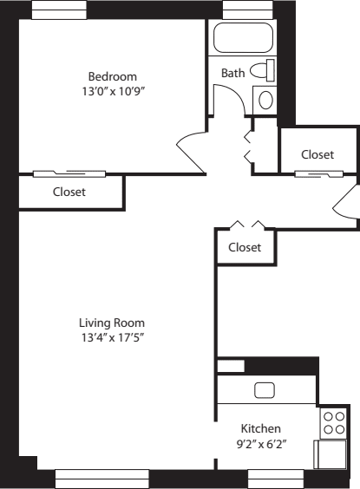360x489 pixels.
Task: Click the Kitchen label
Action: click(260, 428)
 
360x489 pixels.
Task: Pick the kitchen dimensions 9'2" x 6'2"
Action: click(260, 443)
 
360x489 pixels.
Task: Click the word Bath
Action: click(232, 73)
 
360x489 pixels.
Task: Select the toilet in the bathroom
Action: click(263, 70)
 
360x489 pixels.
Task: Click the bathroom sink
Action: click(265, 99)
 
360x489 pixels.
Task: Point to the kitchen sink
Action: click(265, 391)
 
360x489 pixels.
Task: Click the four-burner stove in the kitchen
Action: click(333, 422)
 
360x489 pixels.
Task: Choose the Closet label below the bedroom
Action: click(69, 192)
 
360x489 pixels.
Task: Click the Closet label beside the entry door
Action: click(317, 154)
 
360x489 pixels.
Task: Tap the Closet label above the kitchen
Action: click(245, 247)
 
